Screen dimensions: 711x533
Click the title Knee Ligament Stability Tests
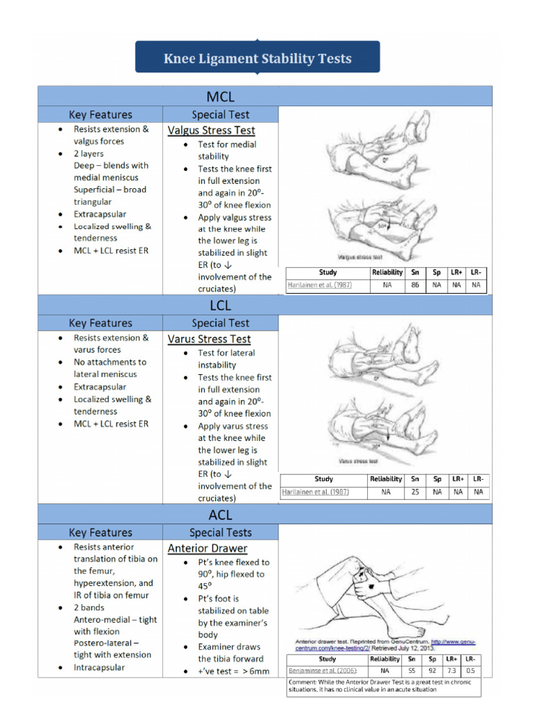(257, 58)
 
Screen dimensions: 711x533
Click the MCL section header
(220, 96)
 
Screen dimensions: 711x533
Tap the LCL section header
(220, 305)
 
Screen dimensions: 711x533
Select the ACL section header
(220, 515)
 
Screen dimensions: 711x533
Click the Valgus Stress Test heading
(211, 130)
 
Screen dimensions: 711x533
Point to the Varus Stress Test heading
(209, 339)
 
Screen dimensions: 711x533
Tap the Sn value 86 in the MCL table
(415, 285)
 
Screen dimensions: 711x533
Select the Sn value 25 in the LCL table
(415, 492)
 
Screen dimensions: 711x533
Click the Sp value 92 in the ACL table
(432, 671)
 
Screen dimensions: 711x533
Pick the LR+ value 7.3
(451, 671)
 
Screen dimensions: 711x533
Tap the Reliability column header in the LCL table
(386, 479)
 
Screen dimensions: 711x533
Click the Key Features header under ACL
(101, 533)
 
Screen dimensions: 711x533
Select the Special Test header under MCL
(220, 115)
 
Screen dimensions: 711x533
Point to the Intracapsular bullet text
(100, 667)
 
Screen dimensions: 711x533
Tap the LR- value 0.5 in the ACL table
(471, 671)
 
